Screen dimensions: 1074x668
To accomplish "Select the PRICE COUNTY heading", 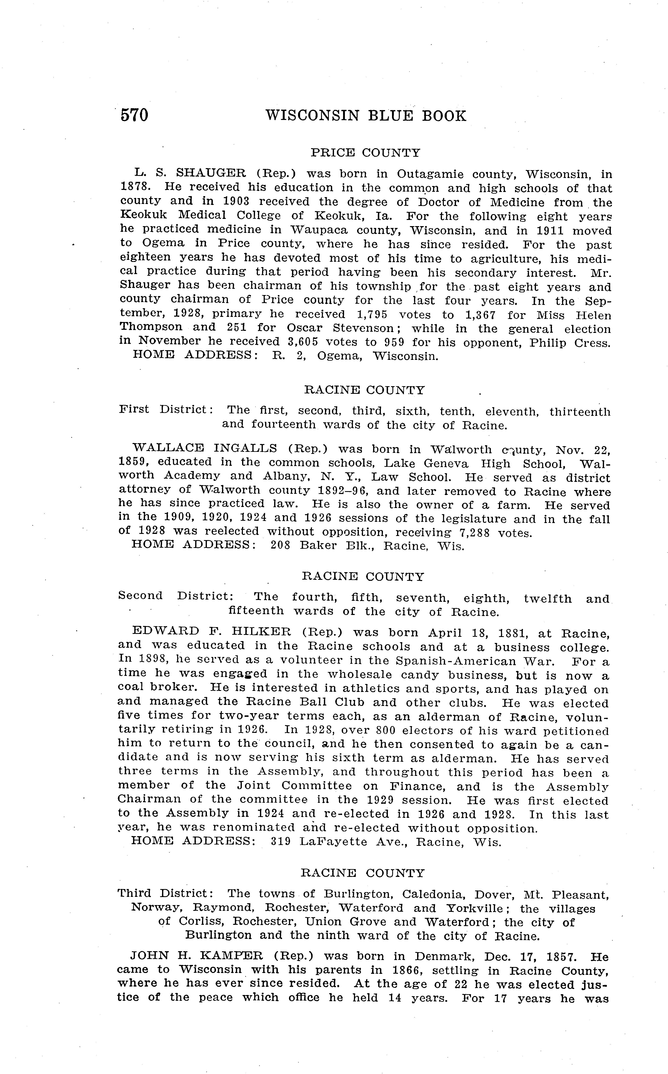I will pyautogui.click(x=365, y=153).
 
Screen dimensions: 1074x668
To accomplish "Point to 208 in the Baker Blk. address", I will pyautogui.click(x=280, y=546).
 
